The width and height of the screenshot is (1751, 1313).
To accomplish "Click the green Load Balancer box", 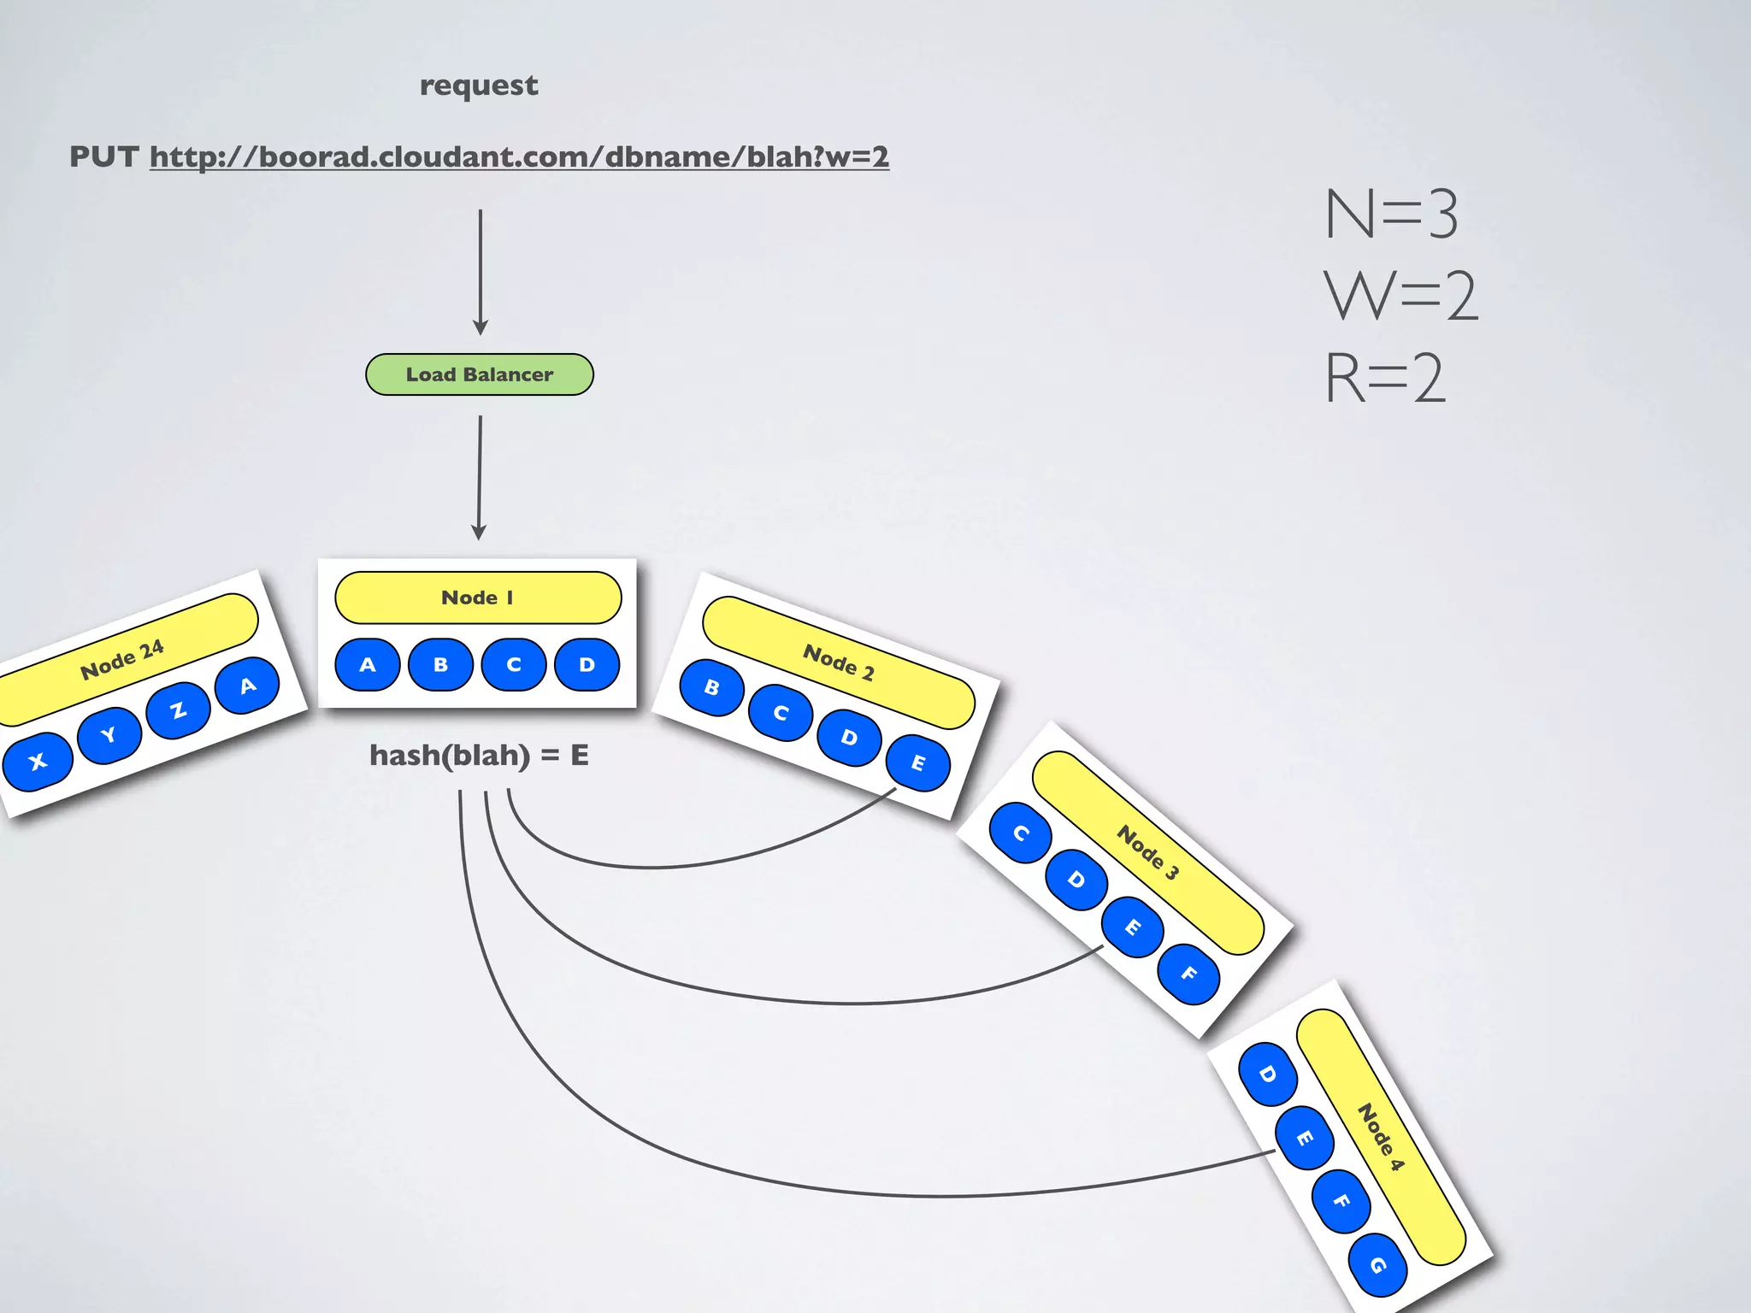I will click(479, 374).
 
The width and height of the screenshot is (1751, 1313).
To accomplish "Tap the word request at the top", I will click(479, 85).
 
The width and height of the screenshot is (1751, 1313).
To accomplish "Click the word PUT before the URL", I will click(103, 157).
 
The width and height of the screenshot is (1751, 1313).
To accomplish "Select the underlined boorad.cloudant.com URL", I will click(519, 157).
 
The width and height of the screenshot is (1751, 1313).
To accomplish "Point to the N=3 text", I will click(1391, 214).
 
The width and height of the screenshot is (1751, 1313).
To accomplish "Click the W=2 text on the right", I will click(1400, 296).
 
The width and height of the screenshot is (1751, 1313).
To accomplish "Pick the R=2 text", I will click(1385, 378).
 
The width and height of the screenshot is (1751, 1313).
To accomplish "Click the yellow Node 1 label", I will click(478, 598).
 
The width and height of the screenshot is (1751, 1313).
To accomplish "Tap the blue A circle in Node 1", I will click(368, 664).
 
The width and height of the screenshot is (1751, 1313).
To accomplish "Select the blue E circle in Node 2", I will click(917, 762).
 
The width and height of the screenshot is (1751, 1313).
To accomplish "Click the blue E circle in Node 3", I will click(1132, 927).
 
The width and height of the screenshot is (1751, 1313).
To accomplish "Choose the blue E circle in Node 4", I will click(1304, 1137).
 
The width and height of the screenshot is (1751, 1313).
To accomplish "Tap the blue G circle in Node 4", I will click(1377, 1265).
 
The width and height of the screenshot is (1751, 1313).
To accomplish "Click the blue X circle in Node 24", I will click(38, 761).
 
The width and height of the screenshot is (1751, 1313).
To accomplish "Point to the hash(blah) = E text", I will click(479, 756).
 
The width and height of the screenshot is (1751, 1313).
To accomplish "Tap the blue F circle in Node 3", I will click(1188, 974).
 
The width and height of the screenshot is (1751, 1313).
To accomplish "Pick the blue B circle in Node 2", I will click(711, 687).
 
